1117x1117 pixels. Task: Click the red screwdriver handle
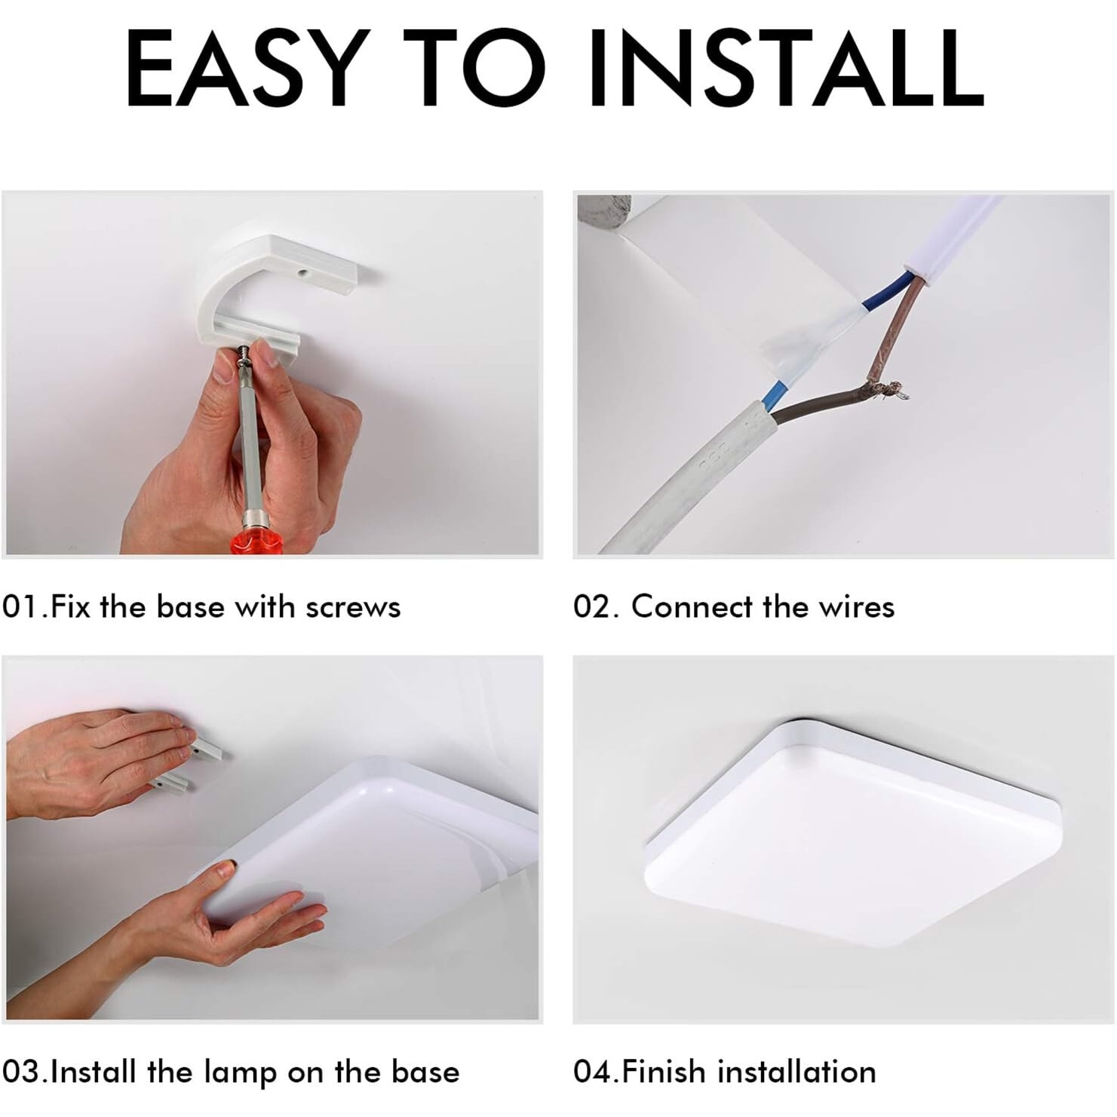pyautogui.click(x=256, y=541)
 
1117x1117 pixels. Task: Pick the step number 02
pyautogui.click(x=593, y=606)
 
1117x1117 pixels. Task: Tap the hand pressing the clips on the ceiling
pyautogui.click(x=94, y=762)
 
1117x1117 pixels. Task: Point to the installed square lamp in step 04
pyautogui.click(x=853, y=830)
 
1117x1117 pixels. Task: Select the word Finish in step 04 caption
pyautogui.click(x=665, y=1071)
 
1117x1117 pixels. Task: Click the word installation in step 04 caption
pyautogui.click(x=796, y=1071)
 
